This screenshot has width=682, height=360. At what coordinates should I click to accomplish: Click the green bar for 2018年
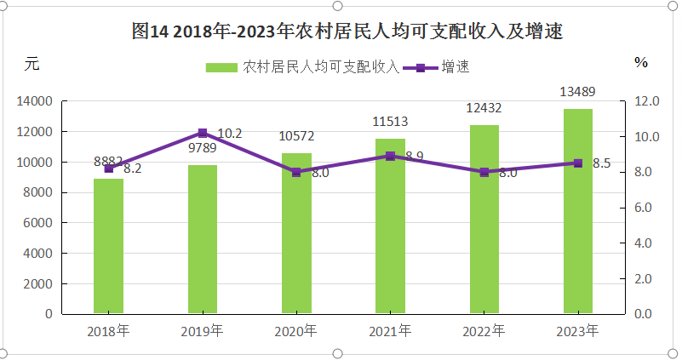click(108, 247)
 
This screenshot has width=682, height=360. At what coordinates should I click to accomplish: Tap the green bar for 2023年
click(577, 212)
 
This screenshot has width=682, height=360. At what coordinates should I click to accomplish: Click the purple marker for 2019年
click(203, 133)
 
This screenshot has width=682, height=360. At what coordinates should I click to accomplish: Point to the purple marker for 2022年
click(484, 172)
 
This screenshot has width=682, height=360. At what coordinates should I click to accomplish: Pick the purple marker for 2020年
click(296, 172)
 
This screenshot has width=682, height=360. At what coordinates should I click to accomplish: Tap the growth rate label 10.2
click(230, 133)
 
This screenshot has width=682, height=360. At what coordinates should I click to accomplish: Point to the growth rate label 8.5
click(601, 163)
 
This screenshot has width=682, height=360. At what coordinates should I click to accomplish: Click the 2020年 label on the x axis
click(296, 330)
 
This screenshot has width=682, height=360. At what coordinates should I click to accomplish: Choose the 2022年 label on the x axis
click(484, 330)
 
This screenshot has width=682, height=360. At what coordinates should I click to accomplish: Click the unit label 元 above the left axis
click(32, 62)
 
